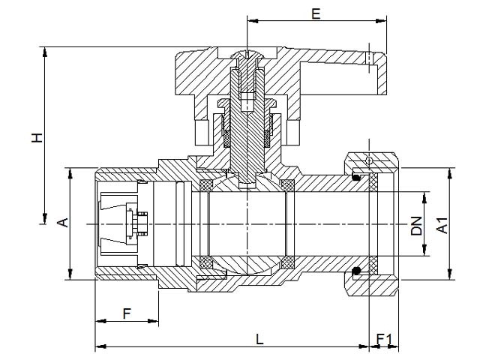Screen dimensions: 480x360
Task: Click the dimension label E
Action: click(x=316, y=13)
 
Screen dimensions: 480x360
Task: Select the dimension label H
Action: click(x=37, y=138)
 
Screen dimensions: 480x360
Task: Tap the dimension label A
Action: click(x=63, y=223)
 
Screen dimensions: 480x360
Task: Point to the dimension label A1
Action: click(x=442, y=226)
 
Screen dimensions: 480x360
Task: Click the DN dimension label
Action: click(x=416, y=226)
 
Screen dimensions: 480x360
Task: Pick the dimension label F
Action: click(x=127, y=313)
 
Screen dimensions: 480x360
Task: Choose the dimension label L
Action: click(x=259, y=339)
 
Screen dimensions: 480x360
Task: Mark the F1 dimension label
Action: click(x=384, y=339)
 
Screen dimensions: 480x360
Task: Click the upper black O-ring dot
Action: click(x=356, y=177)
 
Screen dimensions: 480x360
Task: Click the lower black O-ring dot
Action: click(x=356, y=270)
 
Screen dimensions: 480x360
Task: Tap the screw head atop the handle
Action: click(x=247, y=55)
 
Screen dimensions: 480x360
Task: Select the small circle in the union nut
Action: click(x=369, y=160)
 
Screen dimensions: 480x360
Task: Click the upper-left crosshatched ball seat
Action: click(x=205, y=185)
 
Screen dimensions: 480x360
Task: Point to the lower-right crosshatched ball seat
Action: click(x=288, y=262)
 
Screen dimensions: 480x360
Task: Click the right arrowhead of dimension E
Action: click(x=381, y=21)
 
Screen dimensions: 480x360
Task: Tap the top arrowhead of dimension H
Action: click(x=45, y=52)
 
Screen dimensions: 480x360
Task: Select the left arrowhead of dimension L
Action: click(x=100, y=346)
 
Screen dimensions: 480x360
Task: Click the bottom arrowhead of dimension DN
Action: click(x=424, y=250)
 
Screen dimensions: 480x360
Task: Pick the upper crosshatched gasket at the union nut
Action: click(x=373, y=182)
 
